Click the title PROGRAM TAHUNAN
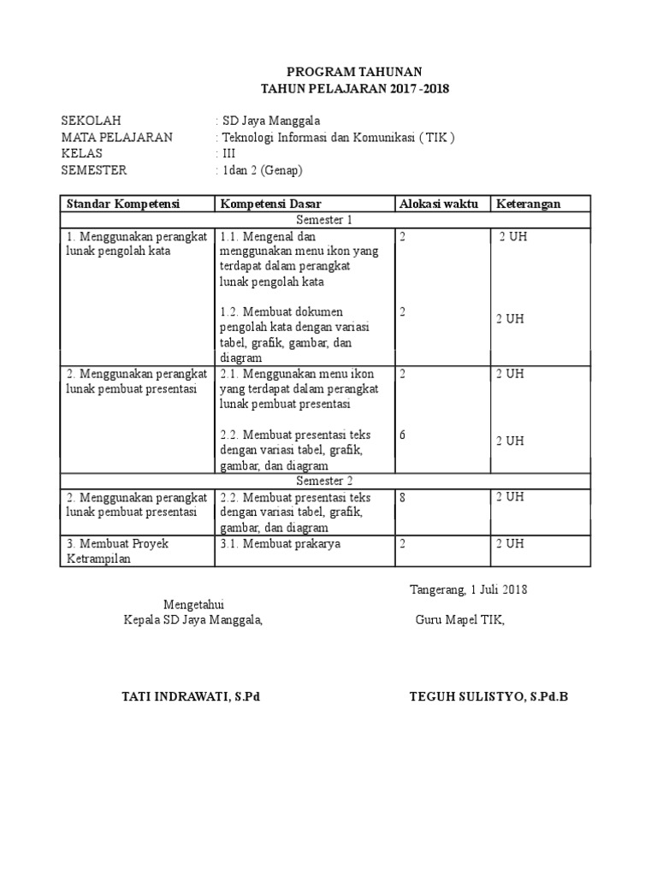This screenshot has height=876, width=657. click(x=354, y=72)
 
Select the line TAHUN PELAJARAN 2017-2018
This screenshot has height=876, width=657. click(x=354, y=89)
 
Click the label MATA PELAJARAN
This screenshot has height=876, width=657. click(x=117, y=137)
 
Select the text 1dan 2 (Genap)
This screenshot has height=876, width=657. click(x=263, y=170)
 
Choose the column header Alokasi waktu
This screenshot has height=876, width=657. click(x=438, y=204)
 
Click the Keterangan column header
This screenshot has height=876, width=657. click(x=529, y=204)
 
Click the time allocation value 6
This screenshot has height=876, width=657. click(x=402, y=435)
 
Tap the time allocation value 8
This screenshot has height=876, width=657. click(x=402, y=497)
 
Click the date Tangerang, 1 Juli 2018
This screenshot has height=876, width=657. click(x=469, y=589)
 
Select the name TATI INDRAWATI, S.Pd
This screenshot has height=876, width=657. click(x=191, y=696)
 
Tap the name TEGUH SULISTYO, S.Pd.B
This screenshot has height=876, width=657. click(x=488, y=696)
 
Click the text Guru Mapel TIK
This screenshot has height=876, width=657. click(x=460, y=620)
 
